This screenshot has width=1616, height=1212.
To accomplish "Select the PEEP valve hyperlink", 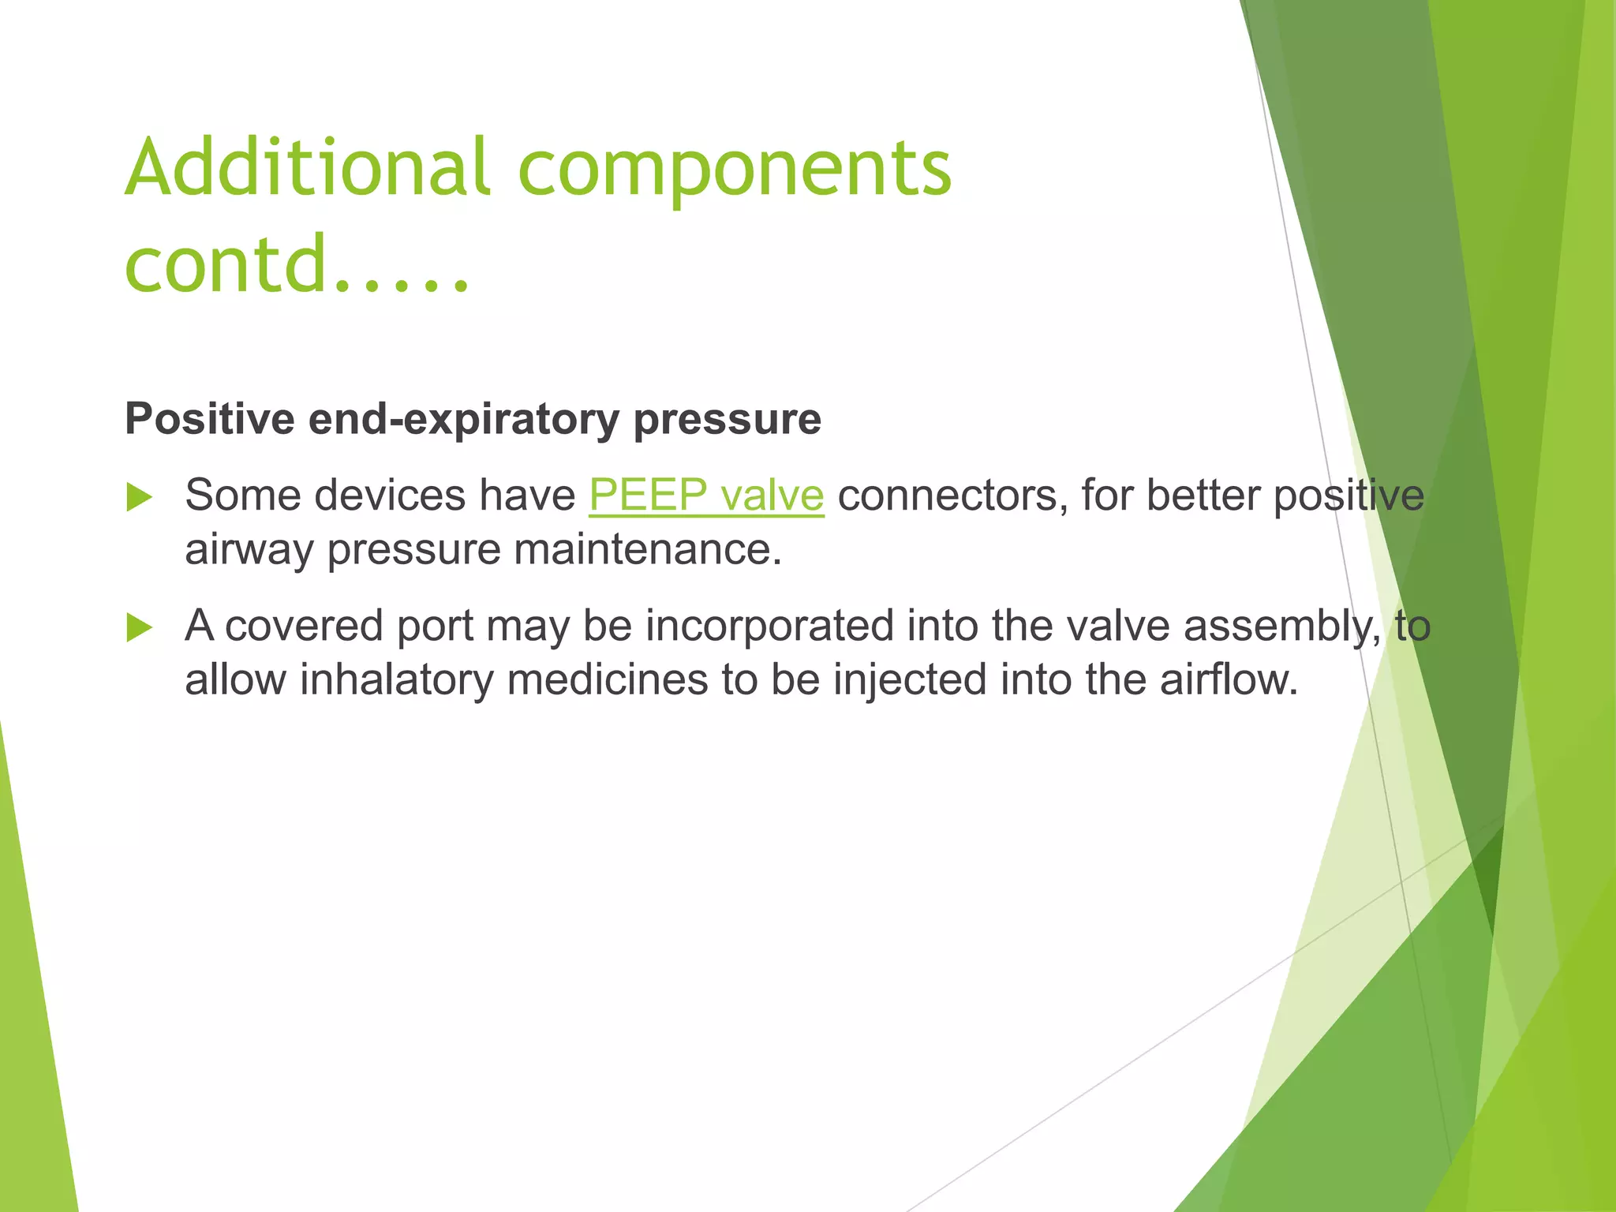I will click(706, 496).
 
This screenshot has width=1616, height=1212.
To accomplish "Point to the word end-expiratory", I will click(463, 420).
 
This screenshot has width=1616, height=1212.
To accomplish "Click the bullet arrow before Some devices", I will click(140, 498).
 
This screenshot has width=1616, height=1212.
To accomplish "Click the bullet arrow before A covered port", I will click(140, 628).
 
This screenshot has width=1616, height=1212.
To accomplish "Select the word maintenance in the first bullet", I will click(647, 549).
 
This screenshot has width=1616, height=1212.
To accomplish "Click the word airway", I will click(249, 551).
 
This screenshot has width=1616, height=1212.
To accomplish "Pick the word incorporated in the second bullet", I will click(769, 627).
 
